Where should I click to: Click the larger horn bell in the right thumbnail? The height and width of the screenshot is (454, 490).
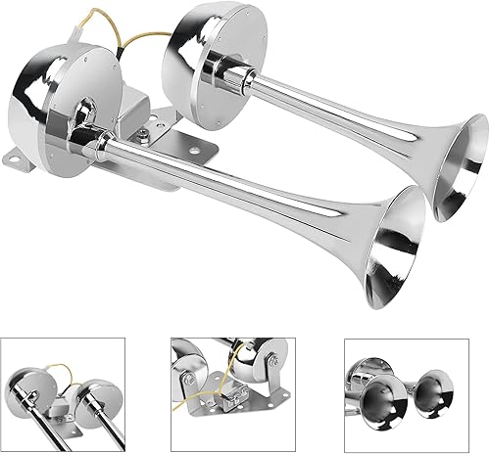(x=384, y=401)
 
